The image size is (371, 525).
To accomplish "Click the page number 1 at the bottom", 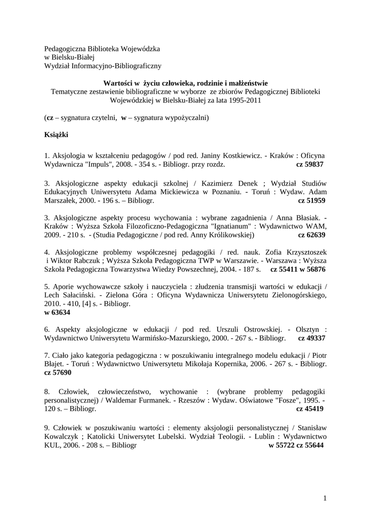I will tap(325, 498).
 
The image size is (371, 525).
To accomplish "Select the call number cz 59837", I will tap(311, 165).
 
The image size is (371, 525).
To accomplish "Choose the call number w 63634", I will tap(57, 312).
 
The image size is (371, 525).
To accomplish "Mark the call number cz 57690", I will tap(58, 374).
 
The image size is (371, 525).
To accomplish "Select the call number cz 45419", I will tap(311, 409).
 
